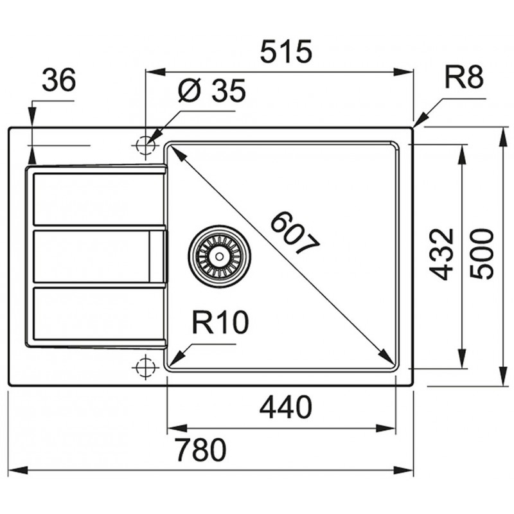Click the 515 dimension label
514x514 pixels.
[x=286, y=51]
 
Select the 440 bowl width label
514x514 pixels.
[x=286, y=407]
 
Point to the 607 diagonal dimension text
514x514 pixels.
[x=295, y=233]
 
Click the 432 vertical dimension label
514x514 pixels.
[x=441, y=254]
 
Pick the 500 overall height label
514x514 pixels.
[x=481, y=254]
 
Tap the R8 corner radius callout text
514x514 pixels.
[x=464, y=77]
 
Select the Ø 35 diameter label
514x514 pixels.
[x=212, y=90]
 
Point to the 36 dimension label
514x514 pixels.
[x=59, y=80]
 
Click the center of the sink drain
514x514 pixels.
[x=219, y=254]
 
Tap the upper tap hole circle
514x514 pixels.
[x=145, y=145]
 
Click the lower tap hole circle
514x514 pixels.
[x=145, y=368]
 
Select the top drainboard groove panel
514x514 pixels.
[x=99, y=199]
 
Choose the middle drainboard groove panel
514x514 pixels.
[x=99, y=256]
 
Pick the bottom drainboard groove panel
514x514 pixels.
[x=99, y=314]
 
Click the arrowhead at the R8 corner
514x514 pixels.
[x=421, y=120]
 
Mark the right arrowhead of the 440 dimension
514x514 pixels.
[x=386, y=428]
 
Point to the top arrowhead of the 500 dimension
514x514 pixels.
[x=503, y=137]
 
